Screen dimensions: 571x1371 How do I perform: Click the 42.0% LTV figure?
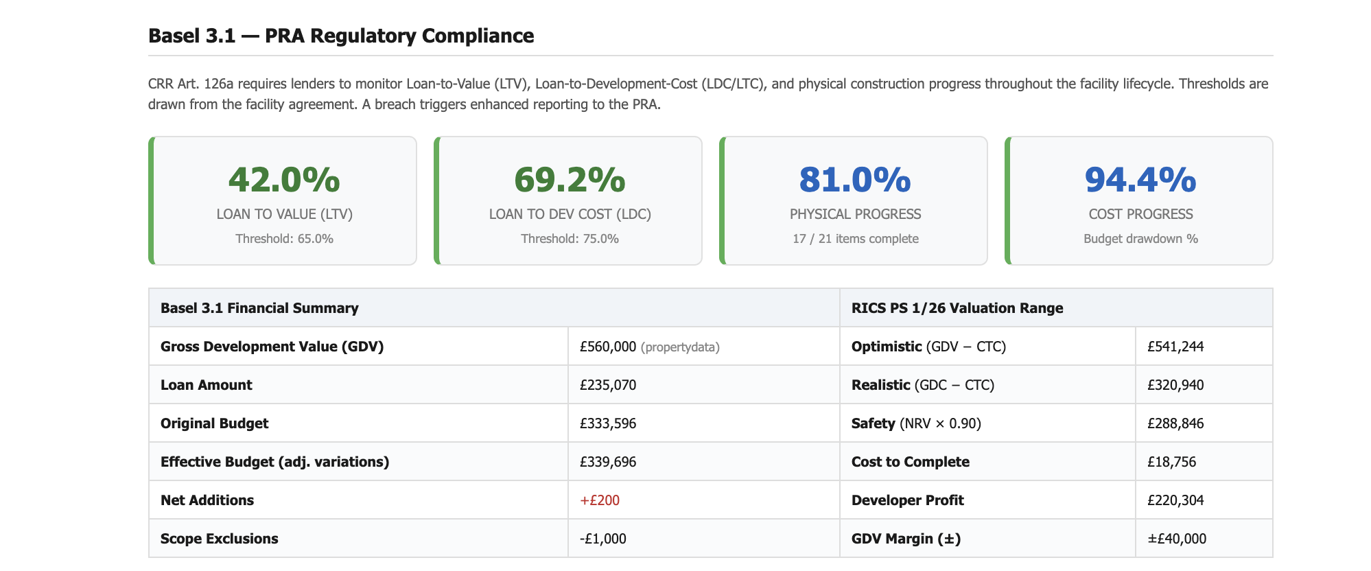click(x=284, y=180)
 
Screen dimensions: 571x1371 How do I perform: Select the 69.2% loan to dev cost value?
click(x=570, y=180)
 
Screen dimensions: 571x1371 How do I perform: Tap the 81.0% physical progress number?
click(x=855, y=180)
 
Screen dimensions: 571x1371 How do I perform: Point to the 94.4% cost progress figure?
click(x=1140, y=180)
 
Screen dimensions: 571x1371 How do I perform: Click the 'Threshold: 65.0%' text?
click(x=284, y=239)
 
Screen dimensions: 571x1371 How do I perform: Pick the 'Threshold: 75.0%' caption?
click(x=570, y=239)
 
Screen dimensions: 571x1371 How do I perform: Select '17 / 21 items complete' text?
click(x=855, y=239)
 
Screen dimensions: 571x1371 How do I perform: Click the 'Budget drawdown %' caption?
click(x=1140, y=239)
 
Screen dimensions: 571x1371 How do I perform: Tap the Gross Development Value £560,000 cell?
click(x=608, y=347)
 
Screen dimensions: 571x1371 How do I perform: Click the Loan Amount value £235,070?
click(x=608, y=385)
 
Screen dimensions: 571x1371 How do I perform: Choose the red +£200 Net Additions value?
click(x=600, y=500)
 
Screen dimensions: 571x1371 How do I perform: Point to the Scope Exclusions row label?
click(x=220, y=539)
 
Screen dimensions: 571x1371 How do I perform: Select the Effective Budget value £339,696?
click(x=608, y=462)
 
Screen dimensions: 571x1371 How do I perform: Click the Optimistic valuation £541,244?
click(x=1175, y=347)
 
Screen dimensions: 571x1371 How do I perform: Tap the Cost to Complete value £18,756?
click(x=1171, y=462)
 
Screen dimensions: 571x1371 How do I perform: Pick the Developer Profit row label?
click(x=907, y=500)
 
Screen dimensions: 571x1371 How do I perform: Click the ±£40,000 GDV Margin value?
click(x=1177, y=539)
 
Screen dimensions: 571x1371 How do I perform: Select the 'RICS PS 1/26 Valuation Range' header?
click(x=957, y=308)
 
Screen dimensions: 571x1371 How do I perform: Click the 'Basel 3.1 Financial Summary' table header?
click(x=259, y=308)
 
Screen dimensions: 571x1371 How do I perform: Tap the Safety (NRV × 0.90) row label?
click(x=916, y=423)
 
